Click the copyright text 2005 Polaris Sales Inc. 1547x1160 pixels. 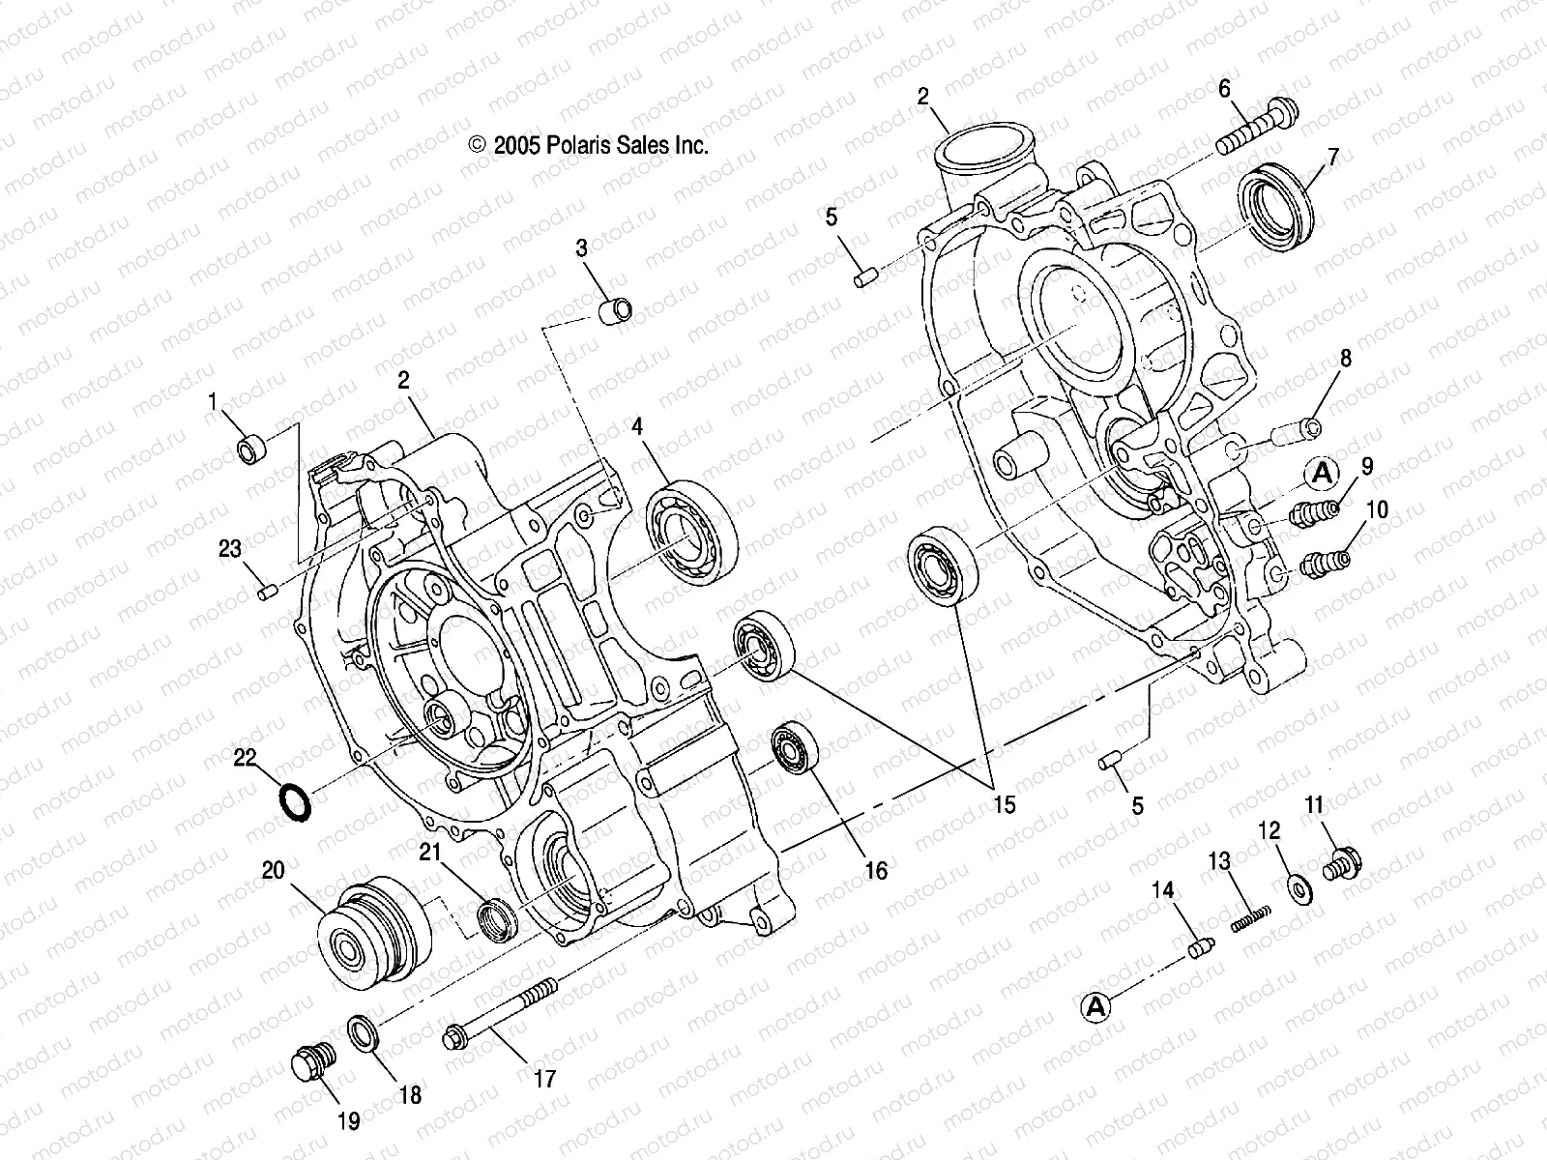(588, 146)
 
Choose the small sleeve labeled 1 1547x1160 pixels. (251, 449)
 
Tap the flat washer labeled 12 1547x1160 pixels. (1298, 886)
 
